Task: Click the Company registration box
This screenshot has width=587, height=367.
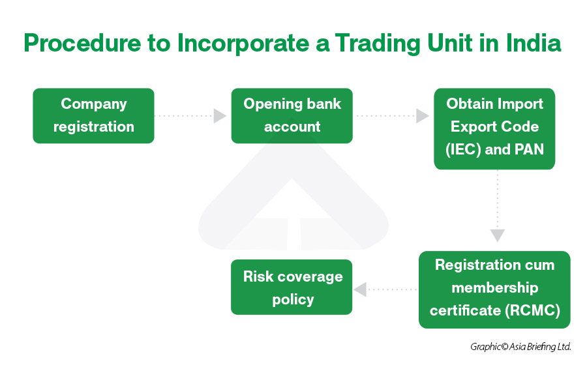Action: [x=93, y=115]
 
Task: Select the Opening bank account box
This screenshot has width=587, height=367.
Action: [x=292, y=115]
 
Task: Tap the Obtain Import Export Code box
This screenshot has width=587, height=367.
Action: [x=494, y=128]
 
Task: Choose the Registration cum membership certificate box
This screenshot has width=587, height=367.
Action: [x=494, y=289]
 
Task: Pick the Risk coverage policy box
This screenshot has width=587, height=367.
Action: [x=292, y=287]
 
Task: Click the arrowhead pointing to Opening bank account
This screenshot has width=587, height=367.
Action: [x=220, y=115]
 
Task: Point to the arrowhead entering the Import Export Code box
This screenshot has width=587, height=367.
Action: [x=423, y=115]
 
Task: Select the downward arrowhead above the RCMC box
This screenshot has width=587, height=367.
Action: [x=498, y=236]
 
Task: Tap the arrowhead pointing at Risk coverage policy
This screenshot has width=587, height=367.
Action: [x=360, y=289]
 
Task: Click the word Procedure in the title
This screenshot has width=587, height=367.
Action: [x=82, y=43]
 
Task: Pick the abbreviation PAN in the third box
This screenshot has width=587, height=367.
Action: [x=530, y=149]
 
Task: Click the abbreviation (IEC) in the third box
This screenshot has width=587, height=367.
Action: [x=463, y=150]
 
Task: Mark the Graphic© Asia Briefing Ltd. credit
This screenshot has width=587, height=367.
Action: [x=520, y=347]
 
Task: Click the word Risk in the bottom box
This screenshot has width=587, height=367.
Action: [x=258, y=276]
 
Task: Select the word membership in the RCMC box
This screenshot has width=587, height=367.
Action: [x=495, y=288]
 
